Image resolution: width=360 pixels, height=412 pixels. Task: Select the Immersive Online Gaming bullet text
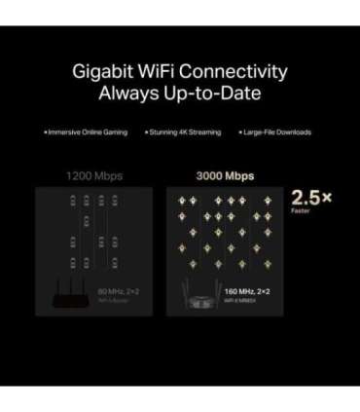[89, 131]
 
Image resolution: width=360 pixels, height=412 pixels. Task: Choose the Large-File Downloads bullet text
[277, 131]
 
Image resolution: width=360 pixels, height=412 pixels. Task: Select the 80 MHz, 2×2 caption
[119, 290]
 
